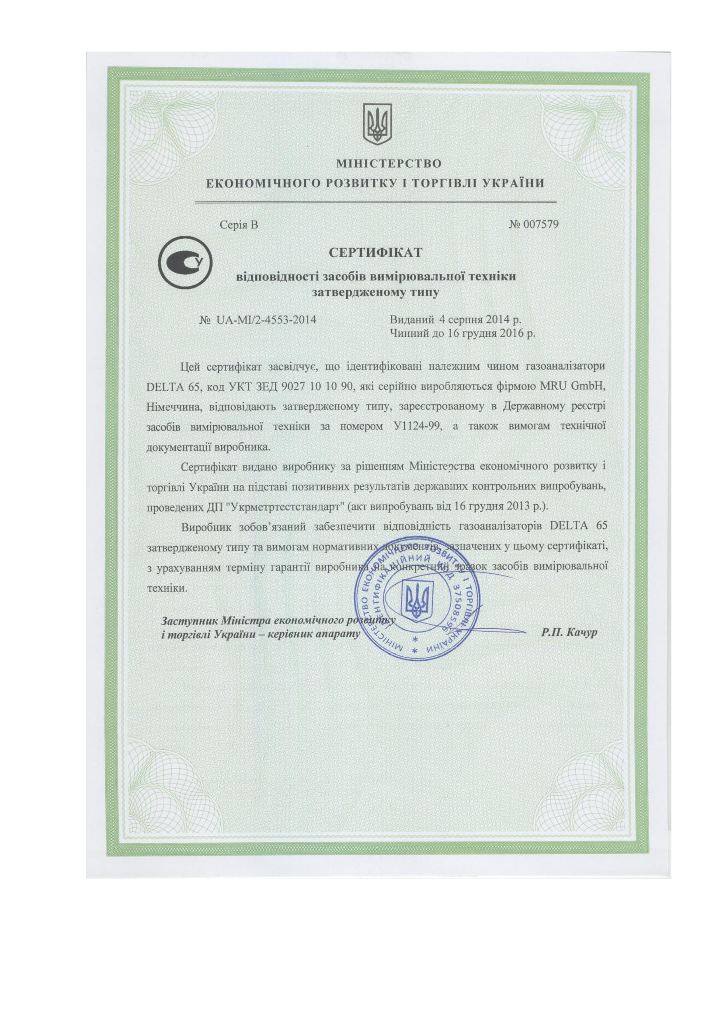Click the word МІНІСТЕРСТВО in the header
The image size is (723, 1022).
pos(389,163)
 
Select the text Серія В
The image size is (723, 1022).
pos(239,225)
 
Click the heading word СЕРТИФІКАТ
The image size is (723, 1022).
pos(375,253)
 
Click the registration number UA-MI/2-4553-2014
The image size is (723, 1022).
pos(266,319)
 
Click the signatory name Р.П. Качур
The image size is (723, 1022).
pos(570,633)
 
